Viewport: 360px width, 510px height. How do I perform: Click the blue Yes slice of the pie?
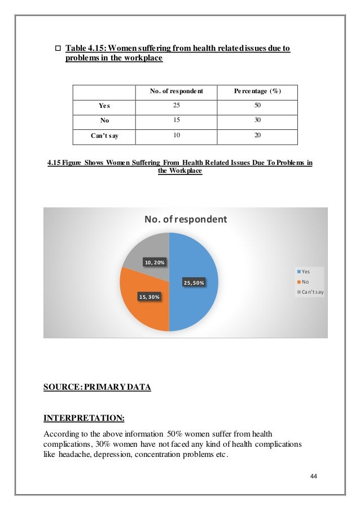click(195, 265)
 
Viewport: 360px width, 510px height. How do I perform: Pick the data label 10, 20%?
click(155, 262)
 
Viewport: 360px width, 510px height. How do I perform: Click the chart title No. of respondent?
click(186, 219)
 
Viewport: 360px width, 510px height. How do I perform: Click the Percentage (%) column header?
click(257, 91)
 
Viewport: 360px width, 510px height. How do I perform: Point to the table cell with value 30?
click(257, 120)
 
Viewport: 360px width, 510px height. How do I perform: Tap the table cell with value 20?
click(257, 136)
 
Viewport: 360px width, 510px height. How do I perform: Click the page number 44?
click(314, 476)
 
